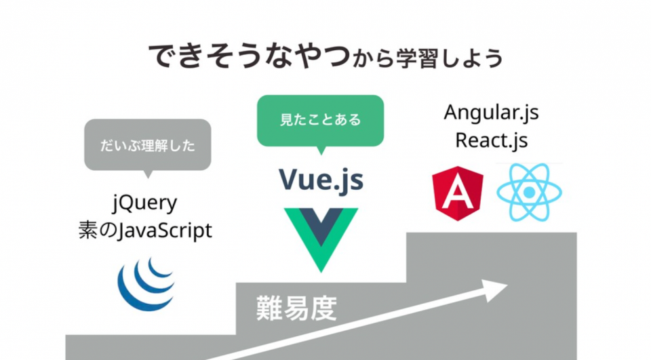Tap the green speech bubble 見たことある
coord(320,121)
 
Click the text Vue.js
coord(321,179)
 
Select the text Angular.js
coord(492,112)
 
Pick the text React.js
coord(492,140)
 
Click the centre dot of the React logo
coord(529,193)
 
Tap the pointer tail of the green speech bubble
coord(320,151)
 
